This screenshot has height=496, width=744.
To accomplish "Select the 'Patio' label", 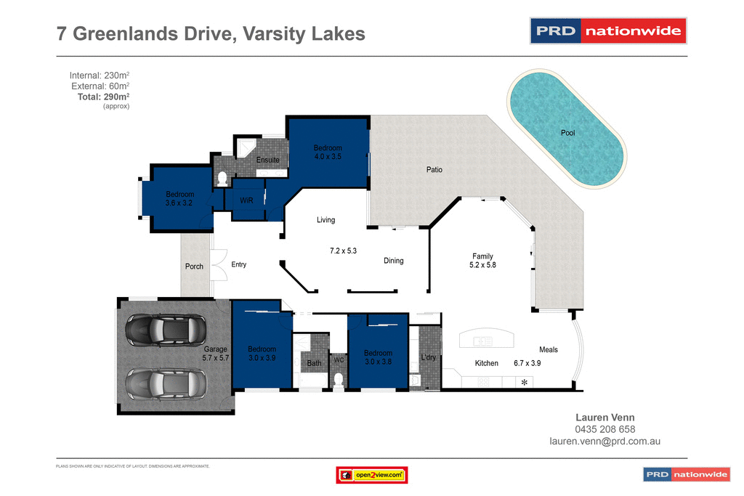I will pyautogui.click(x=434, y=170).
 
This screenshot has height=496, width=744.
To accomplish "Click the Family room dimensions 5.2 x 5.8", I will pyautogui.click(x=482, y=265).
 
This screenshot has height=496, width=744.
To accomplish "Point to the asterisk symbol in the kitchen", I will pyautogui.click(x=525, y=382).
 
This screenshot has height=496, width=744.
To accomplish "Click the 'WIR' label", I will pyautogui.click(x=246, y=200).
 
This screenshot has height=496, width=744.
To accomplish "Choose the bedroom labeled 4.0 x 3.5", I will pyautogui.click(x=328, y=152).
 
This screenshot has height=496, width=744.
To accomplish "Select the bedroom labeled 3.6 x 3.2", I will pyautogui.click(x=179, y=199).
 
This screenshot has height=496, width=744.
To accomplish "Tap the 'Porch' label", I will pyautogui.click(x=194, y=267).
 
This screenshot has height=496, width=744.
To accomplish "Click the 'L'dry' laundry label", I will pyautogui.click(x=429, y=357).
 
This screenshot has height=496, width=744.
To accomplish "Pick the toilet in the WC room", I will pyautogui.click(x=339, y=379).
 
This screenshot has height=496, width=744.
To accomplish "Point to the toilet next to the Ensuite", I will pyautogui.click(x=223, y=177).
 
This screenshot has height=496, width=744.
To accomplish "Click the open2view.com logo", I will pyautogui.click(x=371, y=475).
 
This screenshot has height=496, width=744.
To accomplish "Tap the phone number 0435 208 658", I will pyautogui.click(x=604, y=429).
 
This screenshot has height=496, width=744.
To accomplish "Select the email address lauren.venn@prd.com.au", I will pyautogui.click(x=604, y=441).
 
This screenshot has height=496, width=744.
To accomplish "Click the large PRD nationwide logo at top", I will pyautogui.click(x=608, y=31).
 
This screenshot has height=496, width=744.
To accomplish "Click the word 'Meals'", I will pyautogui.click(x=549, y=350).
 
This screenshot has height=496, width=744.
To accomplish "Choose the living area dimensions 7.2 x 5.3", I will pyautogui.click(x=343, y=251).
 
